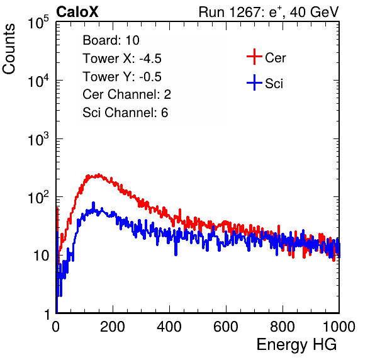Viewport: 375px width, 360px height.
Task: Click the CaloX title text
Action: click(x=77, y=12)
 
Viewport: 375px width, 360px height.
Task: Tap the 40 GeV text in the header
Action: click(x=314, y=12)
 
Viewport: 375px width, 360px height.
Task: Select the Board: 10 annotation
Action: click(x=111, y=40)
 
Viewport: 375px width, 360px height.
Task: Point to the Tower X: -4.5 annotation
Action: click(x=122, y=59)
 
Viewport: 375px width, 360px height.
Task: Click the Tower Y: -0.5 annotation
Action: click(x=122, y=77)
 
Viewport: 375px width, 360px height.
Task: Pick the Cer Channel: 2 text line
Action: click(x=126, y=94)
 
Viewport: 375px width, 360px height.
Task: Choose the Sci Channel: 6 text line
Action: click(x=125, y=113)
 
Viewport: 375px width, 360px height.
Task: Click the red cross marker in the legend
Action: click(x=254, y=57)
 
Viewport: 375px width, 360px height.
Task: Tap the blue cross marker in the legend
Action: click(x=254, y=83)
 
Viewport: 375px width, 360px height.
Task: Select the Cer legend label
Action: click(x=275, y=58)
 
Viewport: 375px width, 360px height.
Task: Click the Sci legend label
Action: click(x=274, y=84)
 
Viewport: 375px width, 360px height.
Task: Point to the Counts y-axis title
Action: click(x=9, y=49)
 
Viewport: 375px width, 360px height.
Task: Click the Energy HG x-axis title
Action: click(x=296, y=345)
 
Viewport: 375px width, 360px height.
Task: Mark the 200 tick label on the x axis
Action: click(x=113, y=327)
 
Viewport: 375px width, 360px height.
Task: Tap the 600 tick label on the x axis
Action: click(x=226, y=327)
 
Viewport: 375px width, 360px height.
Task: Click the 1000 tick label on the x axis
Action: click(x=339, y=327)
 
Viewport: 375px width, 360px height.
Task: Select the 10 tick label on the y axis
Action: click(x=41, y=256)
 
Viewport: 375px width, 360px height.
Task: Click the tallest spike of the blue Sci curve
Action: click(x=94, y=203)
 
